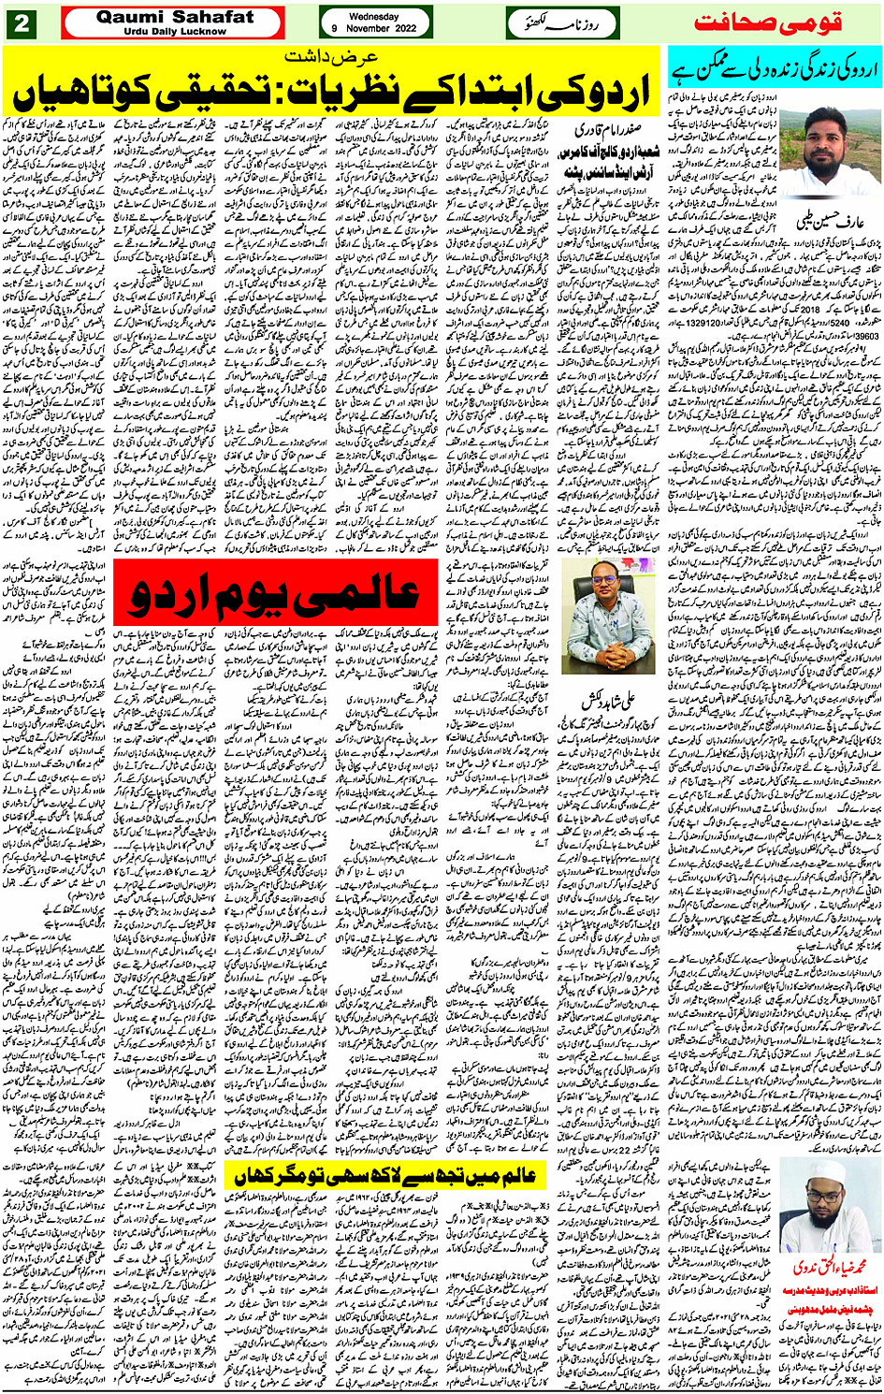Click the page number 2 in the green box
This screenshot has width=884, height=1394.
pyautogui.click(x=21, y=23)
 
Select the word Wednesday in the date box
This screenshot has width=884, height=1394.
pyautogui.click(x=373, y=16)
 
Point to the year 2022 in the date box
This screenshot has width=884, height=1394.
pyautogui.click(x=403, y=29)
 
